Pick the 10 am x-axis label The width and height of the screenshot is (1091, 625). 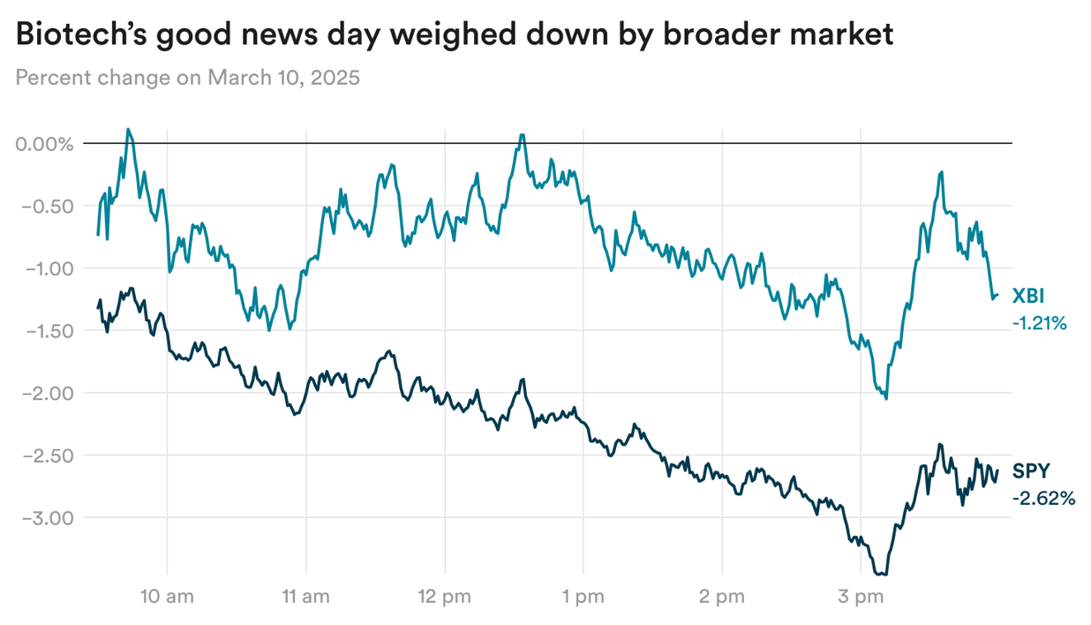tap(167, 598)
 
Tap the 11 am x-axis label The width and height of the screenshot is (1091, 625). tap(305, 598)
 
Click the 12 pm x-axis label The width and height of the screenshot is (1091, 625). tap(444, 598)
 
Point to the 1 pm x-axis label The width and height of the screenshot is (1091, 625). tap(583, 598)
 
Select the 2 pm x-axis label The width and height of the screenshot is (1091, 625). tap(721, 598)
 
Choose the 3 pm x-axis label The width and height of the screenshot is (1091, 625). tap(860, 598)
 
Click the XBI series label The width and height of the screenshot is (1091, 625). tap(1028, 296)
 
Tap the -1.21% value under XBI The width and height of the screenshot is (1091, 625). tap(1040, 323)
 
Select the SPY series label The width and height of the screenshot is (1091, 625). tap(1031, 471)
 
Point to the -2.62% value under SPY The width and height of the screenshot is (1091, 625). tap(1043, 499)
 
